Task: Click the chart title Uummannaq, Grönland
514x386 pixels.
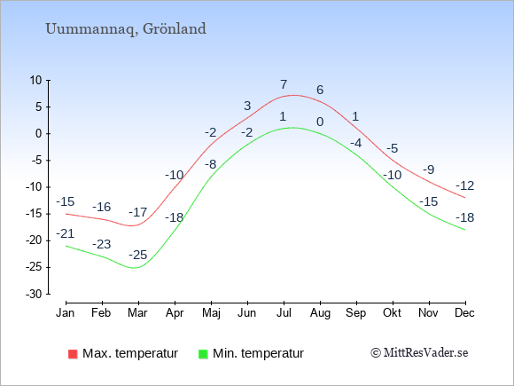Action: (x=126, y=29)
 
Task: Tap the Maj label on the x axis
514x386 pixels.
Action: (x=211, y=313)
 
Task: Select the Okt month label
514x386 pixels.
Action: (x=392, y=312)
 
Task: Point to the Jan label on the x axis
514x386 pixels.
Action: (x=66, y=312)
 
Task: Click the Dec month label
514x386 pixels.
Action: (x=464, y=312)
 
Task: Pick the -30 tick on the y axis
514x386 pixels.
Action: (x=34, y=294)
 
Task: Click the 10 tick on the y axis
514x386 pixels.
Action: (x=36, y=80)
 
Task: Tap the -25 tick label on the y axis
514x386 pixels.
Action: (x=34, y=267)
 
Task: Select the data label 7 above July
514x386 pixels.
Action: (x=284, y=84)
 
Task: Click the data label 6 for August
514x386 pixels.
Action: (x=320, y=90)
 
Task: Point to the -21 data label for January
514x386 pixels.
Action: (x=66, y=233)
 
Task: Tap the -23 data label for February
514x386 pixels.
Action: (x=102, y=244)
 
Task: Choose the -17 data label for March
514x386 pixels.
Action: (x=138, y=212)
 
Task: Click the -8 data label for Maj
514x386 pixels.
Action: (x=210, y=164)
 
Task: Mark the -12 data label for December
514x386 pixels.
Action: (x=465, y=185)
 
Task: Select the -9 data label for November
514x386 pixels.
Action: (x=428, y=169)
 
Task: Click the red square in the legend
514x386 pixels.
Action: (x=73, y=354)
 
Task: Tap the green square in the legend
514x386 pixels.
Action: (x=203, y=354)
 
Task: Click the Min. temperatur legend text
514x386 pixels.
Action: (x=258, y=353)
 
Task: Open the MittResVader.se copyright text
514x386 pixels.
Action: (x=419, y=353)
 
